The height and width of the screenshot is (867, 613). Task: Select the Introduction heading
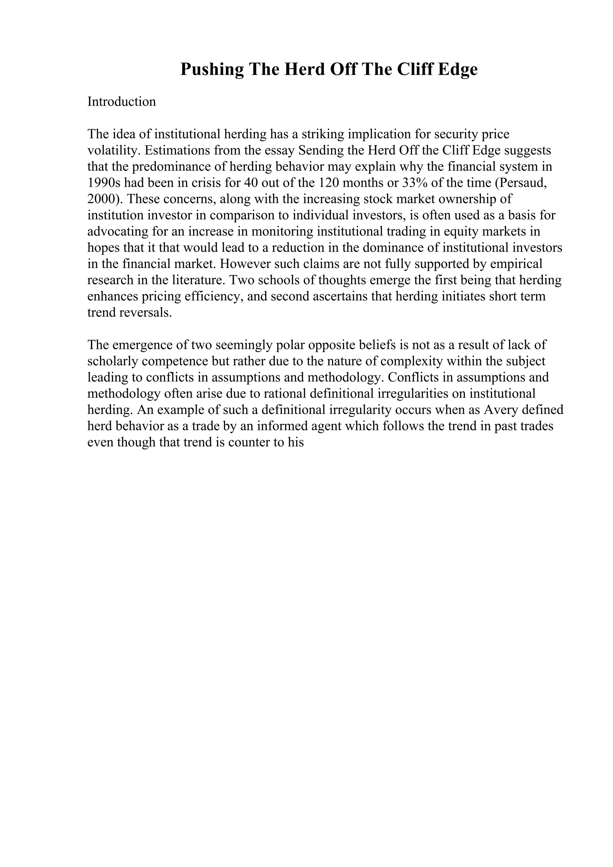click(x=122, y=102)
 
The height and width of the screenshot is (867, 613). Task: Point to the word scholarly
click(x=112, y=361)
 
